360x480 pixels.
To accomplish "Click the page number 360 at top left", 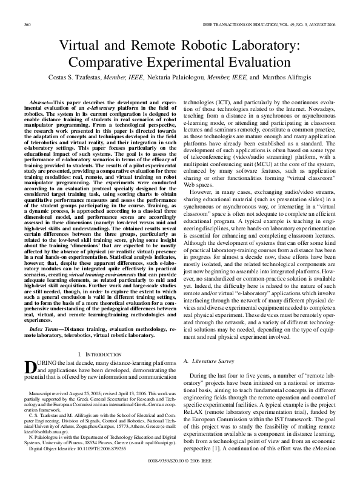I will tap(27, 24).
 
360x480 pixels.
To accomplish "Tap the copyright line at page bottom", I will tap(180, 461).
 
